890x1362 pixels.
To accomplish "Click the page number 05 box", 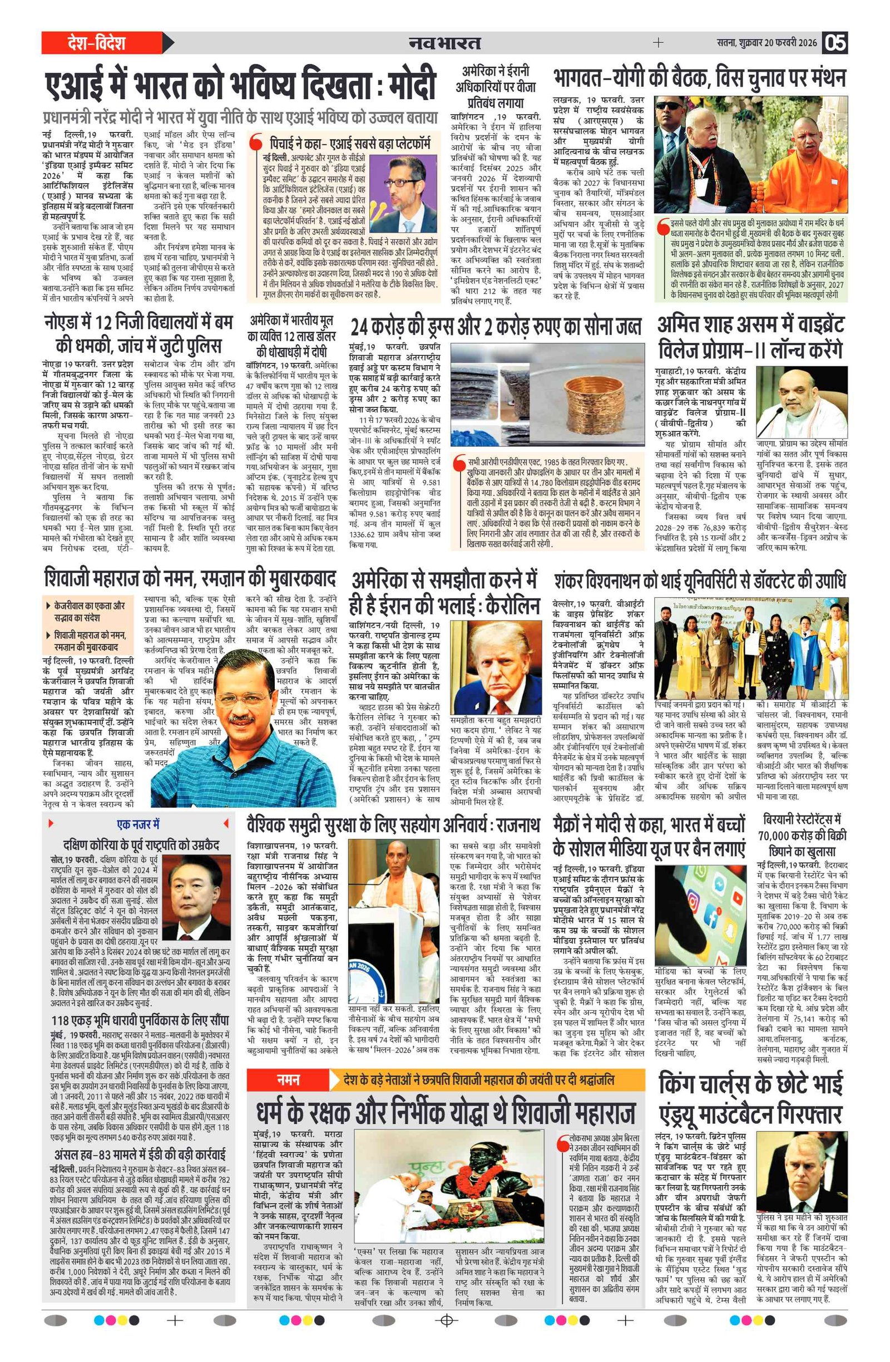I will tap(834, 43).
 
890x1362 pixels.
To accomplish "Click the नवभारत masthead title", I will tap(444, 43).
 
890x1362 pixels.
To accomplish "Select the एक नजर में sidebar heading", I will tap(138, 825).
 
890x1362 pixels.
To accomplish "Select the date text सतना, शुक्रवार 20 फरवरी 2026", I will tap(767, 43).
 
